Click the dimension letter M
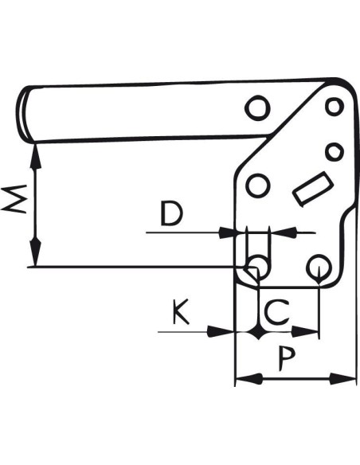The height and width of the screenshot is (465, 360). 14,199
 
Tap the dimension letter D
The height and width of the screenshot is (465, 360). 172,213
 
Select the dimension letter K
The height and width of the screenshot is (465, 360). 181,311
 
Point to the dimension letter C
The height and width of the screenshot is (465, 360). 276,311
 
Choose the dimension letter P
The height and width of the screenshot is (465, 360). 287,359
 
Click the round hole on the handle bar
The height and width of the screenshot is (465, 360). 257,108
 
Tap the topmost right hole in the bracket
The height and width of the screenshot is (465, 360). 335,107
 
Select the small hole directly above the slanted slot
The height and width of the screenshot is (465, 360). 335,152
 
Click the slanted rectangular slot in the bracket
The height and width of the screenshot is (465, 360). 313,189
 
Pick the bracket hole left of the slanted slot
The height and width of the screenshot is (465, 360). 258,186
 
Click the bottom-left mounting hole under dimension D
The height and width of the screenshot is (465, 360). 256,265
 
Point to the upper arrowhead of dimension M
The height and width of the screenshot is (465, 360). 36,157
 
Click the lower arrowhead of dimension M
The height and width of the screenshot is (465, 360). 36,252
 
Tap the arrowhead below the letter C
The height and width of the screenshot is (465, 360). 305,331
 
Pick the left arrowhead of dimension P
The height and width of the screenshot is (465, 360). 249,379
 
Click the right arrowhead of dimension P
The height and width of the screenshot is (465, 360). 342,379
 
